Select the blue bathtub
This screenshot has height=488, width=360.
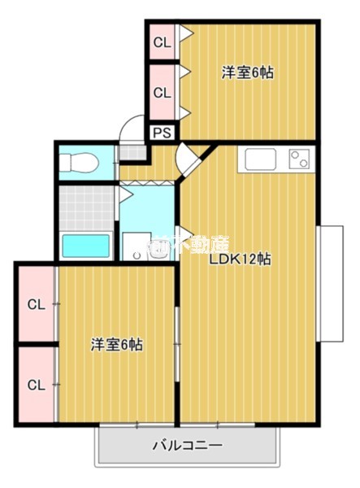pos(86,245)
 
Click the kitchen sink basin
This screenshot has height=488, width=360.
pos(262,159)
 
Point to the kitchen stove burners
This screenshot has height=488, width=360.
pos(299,159)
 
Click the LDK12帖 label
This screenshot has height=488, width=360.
pos(240,260)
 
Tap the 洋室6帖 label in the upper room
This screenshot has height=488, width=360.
pos(248,72)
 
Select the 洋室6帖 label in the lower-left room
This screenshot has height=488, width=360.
pos(116,344)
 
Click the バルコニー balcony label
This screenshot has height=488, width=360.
pos(188,446)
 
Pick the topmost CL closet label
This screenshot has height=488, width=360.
pos(163,42)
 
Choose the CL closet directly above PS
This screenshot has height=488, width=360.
pos(163,93)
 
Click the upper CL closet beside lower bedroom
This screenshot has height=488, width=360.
pos(35,305)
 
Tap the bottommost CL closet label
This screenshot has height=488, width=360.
pos(35,384)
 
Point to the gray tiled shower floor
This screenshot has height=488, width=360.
pos(86,207)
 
